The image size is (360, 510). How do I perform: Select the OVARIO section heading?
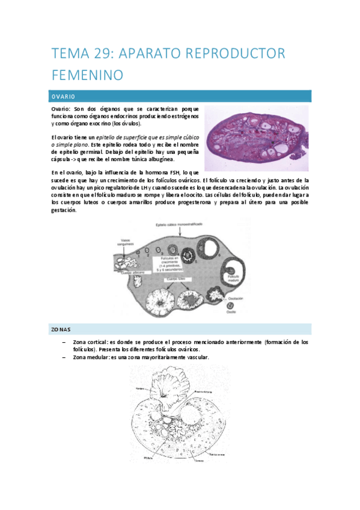click(63, 96)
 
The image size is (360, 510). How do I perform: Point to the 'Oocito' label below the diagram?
click(230, 311)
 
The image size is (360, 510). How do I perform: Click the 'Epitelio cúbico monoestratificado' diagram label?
click(178, 224)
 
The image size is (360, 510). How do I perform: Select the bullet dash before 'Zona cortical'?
click(64, 342)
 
